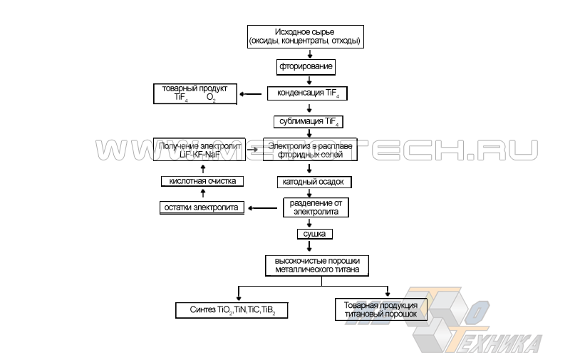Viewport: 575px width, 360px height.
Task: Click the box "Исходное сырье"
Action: pyautogui.click(x=306, y=36)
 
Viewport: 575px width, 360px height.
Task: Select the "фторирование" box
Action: pyautogui.click(x=306, y=67)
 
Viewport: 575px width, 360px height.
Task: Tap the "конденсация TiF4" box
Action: pyautogui.click(x=309, y=93)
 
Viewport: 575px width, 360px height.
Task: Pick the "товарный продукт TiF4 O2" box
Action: pyautogui.click(x=195, y=93)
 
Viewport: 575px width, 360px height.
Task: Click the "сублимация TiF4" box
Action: pyautogui.click(x=309, y=121)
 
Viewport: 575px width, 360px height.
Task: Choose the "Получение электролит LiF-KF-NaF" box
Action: pyautogui.click(x=198, y=149)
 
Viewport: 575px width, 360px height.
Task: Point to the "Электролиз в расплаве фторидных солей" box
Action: pyautogui.click(x=309, y=149)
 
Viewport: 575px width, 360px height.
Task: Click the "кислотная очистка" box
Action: pyautogui.click(x=202, y=181)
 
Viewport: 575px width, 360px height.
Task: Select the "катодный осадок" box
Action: pyautogui.click(x=314, y=182)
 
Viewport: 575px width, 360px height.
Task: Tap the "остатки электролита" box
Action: pyautogui.click(x=202, y=207)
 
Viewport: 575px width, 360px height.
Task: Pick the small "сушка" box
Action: pyautogui.click(x=315, y=233)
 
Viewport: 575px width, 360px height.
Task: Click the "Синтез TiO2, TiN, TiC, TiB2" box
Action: pyautogui.click(x=232, y=310)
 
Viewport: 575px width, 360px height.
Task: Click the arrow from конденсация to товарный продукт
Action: pyautogui.click(x=251, y=94)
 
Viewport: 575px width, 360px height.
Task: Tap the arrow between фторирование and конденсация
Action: pyautogui.click(x=309, y=81)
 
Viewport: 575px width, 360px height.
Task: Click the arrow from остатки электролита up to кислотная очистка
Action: pyautogui.click(x=202, y=194)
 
